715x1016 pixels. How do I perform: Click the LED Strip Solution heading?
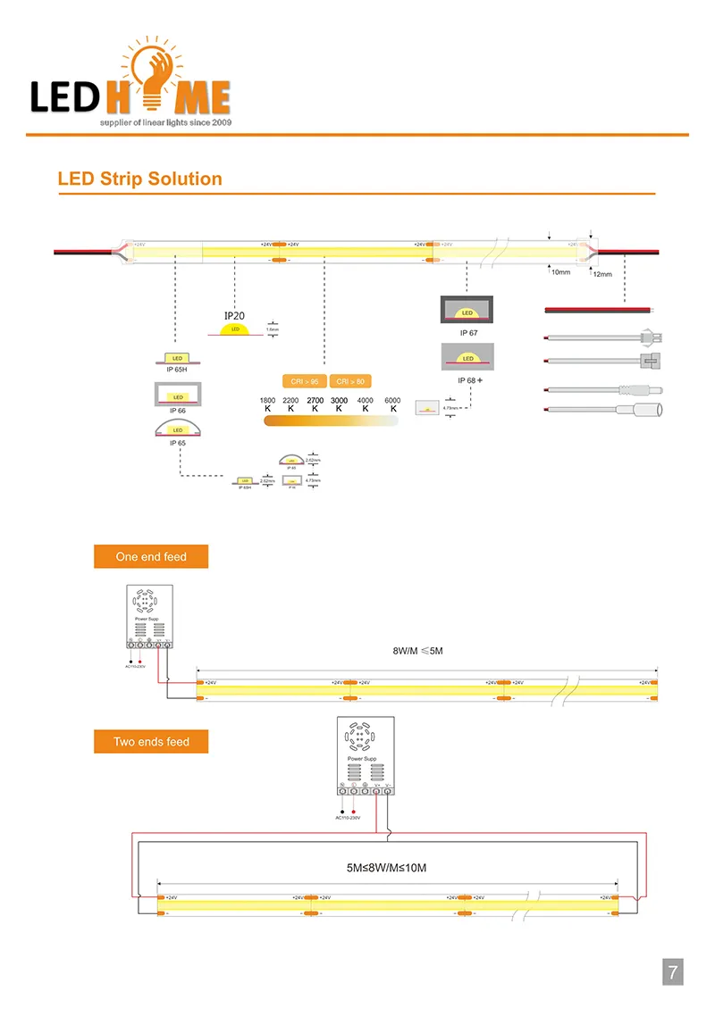[x=139, y=179]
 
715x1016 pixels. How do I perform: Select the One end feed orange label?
[x=151, y=557]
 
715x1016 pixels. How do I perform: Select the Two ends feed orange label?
[x=151, y=742]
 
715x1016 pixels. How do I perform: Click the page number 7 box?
[x=672, y=970]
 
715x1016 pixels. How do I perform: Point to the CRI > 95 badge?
[x=304, y=381]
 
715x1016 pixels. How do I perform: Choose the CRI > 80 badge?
[x=349, y=381]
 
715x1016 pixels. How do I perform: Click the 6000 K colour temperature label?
[x=393, y=404]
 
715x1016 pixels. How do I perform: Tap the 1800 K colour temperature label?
[x=267, y=404]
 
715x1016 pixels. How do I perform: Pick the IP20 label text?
[x=234, y=315]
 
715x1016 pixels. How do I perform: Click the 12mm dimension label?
[x=602, y=275]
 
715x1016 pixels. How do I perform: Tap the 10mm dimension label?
[x=560, y=271]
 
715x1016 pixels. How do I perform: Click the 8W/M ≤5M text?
[x=417, y=651]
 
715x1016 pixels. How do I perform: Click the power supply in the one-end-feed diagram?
[x=148, y=616]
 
